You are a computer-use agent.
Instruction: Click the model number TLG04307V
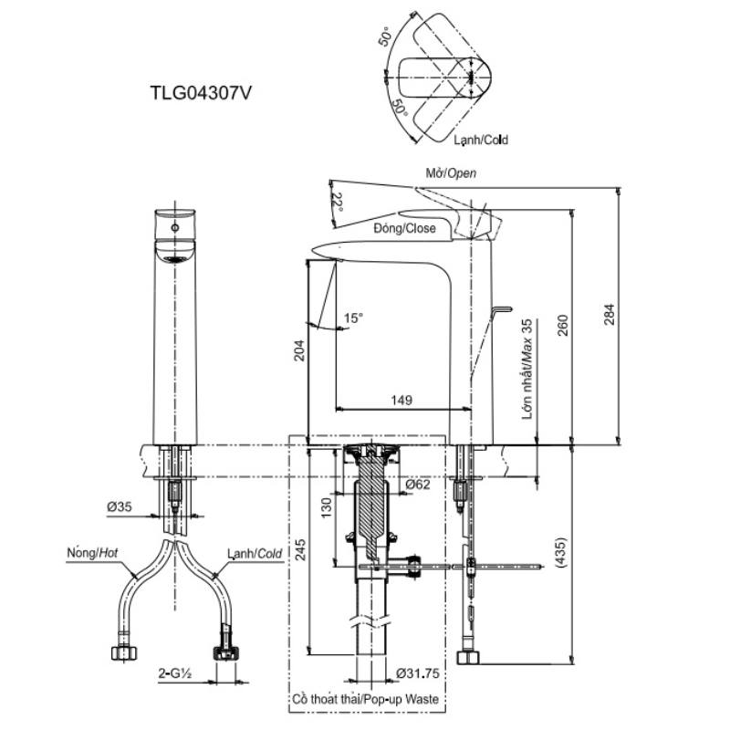[x=200, y=92]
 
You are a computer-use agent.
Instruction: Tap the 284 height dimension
[x=609, y=314]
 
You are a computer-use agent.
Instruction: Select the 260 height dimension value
[x=563, y=325]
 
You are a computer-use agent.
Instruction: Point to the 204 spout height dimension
[x=299, y=350]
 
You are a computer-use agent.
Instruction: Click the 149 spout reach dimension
[x=401, y=400]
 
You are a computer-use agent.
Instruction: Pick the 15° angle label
[x=353, y=318]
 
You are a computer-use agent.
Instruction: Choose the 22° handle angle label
[x=338, y=203]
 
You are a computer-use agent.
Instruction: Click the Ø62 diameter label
[x=418, y=485]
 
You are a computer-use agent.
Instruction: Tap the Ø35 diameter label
[x=120, y=506]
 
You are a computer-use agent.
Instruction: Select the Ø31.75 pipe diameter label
[x=418, y=673]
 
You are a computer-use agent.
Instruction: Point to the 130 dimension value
[x=327, y=507]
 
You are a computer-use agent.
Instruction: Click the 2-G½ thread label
[x=175, y=673]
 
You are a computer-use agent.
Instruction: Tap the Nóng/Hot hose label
[x=92, y=553]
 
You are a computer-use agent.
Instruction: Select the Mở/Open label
[x=451, y=173]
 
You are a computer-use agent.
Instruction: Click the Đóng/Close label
[x=404, y=228]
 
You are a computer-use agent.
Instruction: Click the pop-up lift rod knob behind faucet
[x=504, y=308]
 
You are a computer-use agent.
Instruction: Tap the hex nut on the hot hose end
[x=124, y=652]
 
